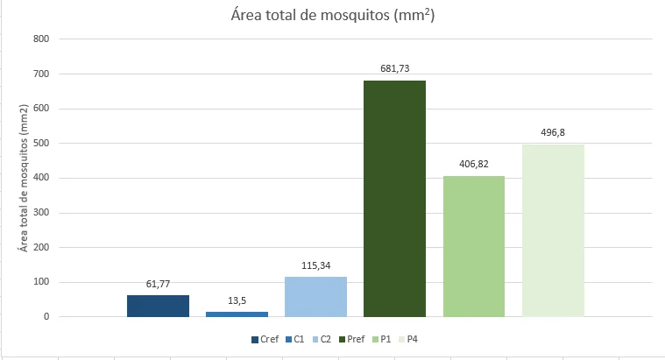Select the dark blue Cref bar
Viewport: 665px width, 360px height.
(x=158, y=306)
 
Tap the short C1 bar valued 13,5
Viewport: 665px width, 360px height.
(x=237, y=314)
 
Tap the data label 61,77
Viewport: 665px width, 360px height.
(x=158, y=284)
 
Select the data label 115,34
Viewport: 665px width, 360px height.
(x=315, y=265)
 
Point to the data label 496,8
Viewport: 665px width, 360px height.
(x=553, y=133)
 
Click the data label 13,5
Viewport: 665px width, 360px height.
(x=237, y=300)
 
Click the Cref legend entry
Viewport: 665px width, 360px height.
(x=266, y=339)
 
